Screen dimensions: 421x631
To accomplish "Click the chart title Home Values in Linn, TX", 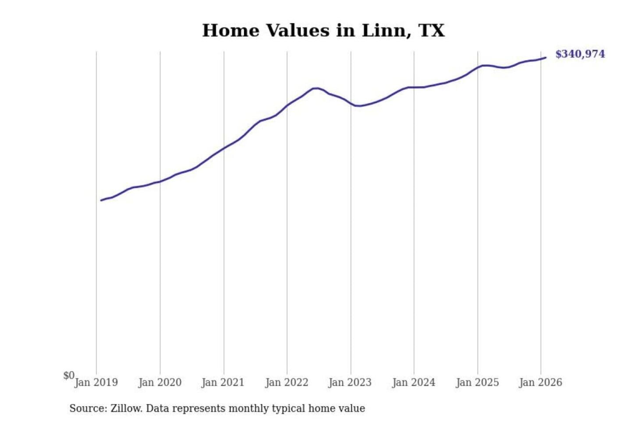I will pos(323,31).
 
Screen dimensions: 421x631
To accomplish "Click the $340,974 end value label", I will pos(580,54).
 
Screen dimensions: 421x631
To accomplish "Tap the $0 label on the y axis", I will pos(68,375).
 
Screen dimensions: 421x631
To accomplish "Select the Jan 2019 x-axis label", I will pos(96,382).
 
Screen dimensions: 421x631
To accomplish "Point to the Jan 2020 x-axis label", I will pos(160,382).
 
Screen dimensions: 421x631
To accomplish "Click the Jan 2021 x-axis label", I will pos(223,382).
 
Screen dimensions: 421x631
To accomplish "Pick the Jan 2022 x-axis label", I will pos(287,382).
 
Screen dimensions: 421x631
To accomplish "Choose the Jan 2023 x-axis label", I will pos(350,382).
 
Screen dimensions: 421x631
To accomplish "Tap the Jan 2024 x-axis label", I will pos(413,382).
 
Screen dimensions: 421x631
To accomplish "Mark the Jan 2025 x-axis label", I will pos(477,382).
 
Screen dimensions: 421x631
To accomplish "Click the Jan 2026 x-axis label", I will pos(540,382).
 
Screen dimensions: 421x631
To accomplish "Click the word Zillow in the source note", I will pos(126,408).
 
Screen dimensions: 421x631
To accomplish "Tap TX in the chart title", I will pos(431,31).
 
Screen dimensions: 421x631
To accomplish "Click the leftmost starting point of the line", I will pos(101,200).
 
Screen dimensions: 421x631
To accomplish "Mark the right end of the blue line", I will pos(546,57).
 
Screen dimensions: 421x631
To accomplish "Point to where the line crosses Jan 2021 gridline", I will pos(224,148).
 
